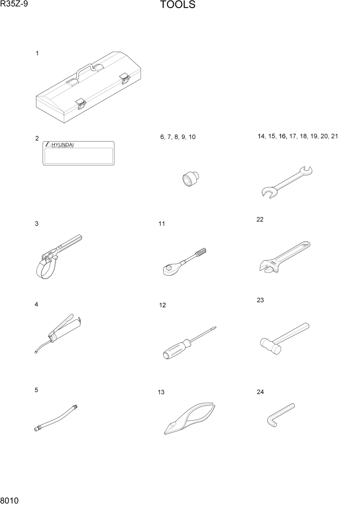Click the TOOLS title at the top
pos(177,6)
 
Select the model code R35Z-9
pos(14,5)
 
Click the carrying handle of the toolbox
pos(85,69)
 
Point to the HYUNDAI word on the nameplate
pos(62,145)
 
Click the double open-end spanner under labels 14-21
pos(286,182)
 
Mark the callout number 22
pos(259,220)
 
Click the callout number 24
pos(260,392)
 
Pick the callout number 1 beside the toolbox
pos(37,53)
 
